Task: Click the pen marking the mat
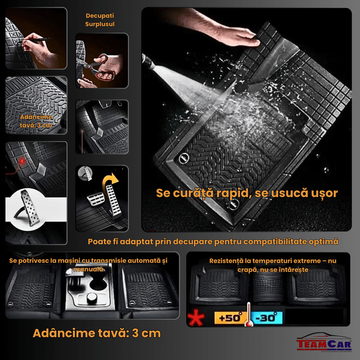[36, 40]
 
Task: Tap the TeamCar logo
[321, 343]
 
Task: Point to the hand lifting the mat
[225, 34]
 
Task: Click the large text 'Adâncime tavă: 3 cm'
[96, 334]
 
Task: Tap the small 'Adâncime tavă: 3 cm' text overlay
[36, 121]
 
